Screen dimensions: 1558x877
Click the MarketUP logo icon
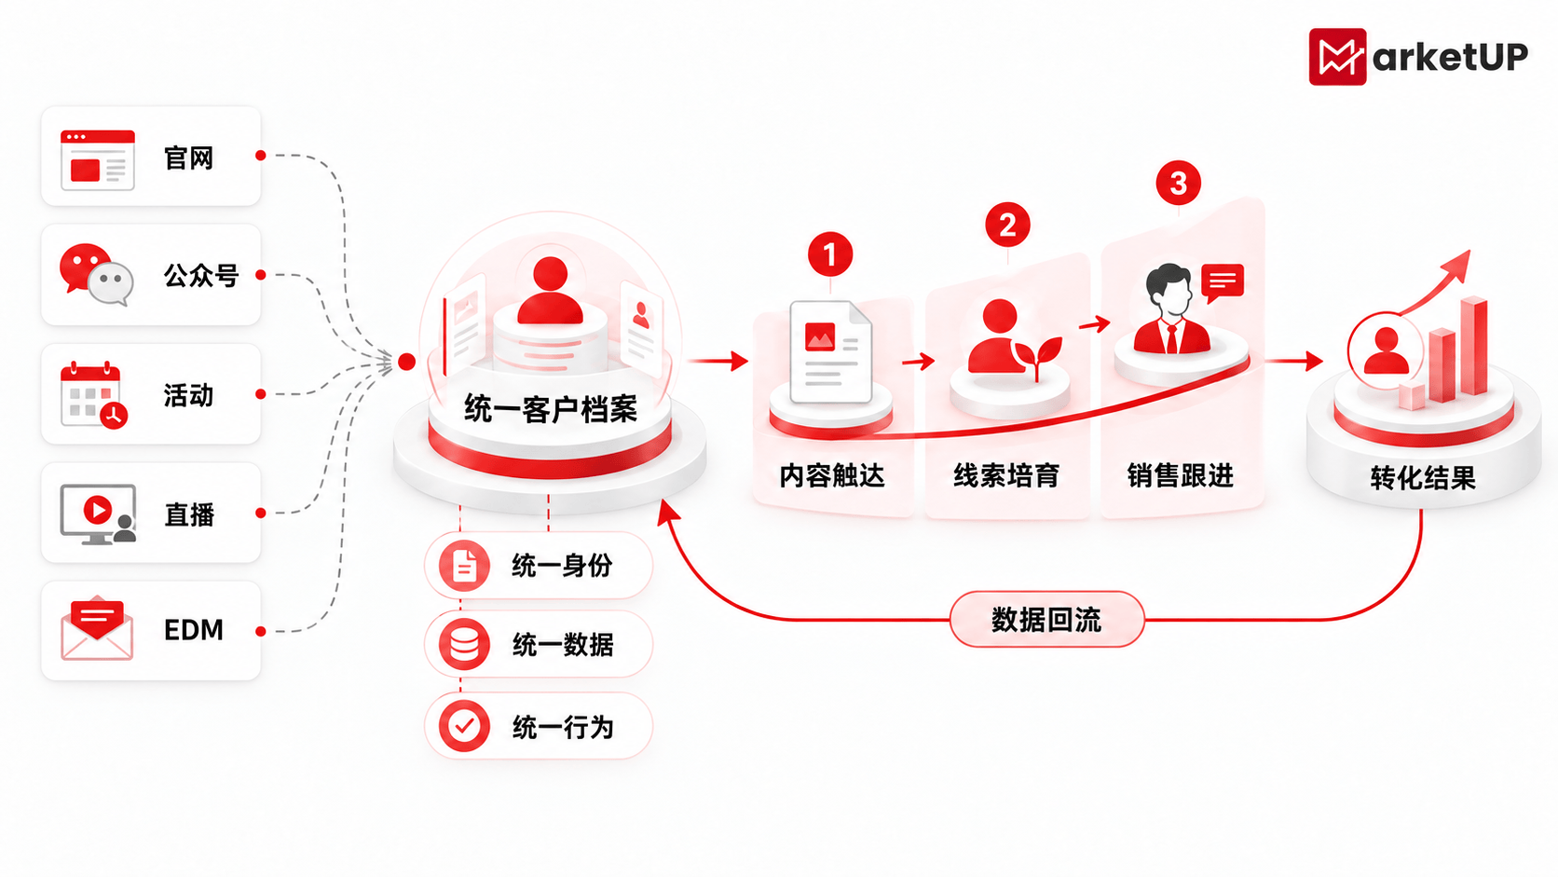coord(1337,56)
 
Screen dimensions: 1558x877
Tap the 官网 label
coord(188,158)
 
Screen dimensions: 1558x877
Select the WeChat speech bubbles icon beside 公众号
coord(96,275)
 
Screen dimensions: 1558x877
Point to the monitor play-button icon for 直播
coord(98,514)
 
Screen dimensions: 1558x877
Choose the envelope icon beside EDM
coord(97,628)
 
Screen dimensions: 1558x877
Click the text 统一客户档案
coord(550,408)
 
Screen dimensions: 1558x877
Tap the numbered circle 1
coord(829,254)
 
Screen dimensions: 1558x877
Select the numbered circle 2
coord(1007,225)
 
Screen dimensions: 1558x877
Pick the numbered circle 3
coord(1178,183)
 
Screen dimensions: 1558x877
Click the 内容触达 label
coord(832,475)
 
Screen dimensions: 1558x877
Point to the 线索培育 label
coord(1006,475)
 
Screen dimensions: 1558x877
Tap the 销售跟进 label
coord(1181,475)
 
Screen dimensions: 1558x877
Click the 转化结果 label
coord(1423,478)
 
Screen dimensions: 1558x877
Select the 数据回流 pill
coord(1046,619)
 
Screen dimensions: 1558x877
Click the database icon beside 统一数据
coord(464,645)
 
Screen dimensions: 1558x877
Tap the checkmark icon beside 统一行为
coord(464,726)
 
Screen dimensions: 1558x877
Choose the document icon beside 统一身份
coord(464,566)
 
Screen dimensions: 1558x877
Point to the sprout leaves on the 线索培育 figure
coord(1038,355)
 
